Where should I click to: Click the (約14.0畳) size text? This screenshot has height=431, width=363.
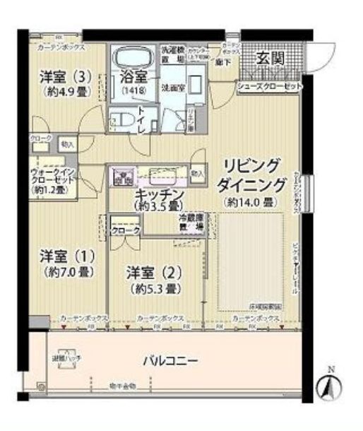pyautogui.click(x=250, y=202)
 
